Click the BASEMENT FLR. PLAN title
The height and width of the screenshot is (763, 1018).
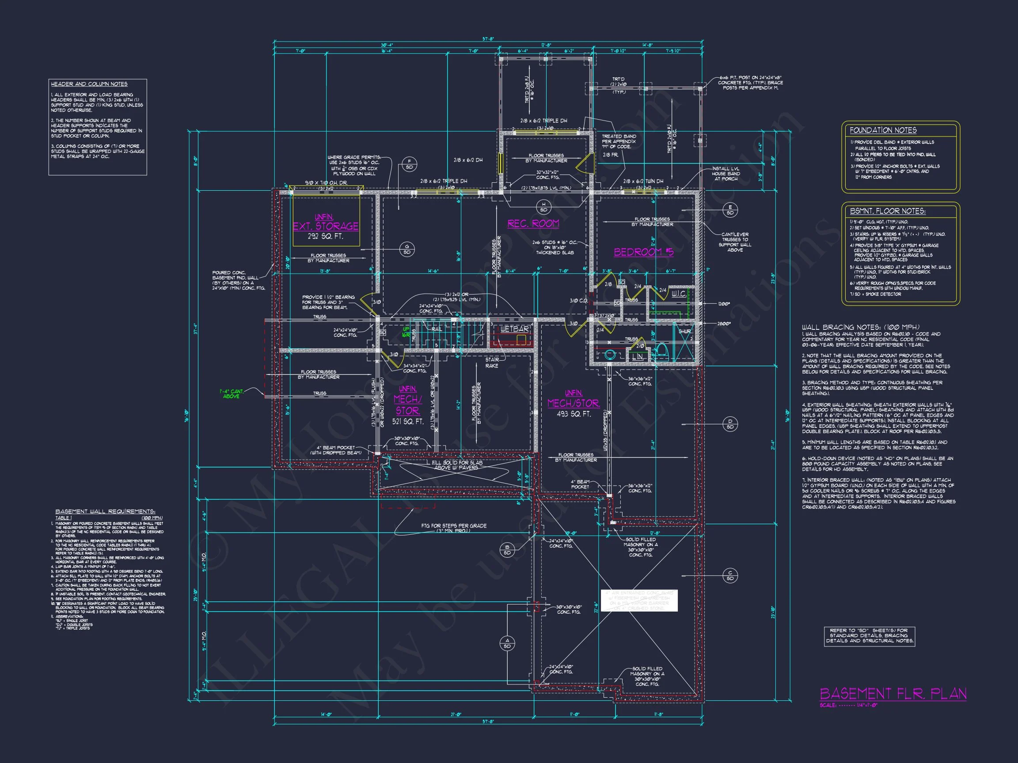[x=893, y=694]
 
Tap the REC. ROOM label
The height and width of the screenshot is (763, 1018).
[x=533, y=223]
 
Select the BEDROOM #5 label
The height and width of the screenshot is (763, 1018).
[x=643, y=252]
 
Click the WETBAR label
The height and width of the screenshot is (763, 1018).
[x=514, y=329]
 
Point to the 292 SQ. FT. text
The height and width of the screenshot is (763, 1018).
[x=326, y=236]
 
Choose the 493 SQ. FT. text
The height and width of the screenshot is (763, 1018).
[x=574, y=414]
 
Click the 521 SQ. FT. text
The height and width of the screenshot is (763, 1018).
[x=408, y=421]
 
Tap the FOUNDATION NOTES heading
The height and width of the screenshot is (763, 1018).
[x=883, y=130]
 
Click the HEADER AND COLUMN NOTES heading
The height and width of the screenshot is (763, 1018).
[x=89, y=84]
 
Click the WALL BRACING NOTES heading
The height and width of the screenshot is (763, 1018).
[x=861, y=328]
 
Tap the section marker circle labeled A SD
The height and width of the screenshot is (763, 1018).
[x=508, y=643]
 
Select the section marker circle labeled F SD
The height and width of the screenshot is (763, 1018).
[x=409, y=164]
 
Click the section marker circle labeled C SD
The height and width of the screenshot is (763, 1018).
[x=730, y=575]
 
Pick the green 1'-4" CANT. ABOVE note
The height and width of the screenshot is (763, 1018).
[x=231, y=394]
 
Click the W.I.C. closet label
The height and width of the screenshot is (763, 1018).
[x=679, y=294]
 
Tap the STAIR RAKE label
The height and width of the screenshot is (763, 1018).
[x=491, y=363]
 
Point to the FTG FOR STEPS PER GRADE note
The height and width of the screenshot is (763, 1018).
[x=453, y=528]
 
